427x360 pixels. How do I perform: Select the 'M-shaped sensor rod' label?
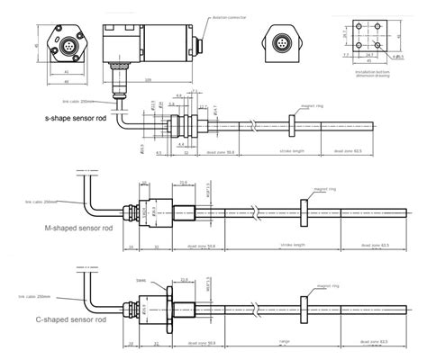tap(79, 229)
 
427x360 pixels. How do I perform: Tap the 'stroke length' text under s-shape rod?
tap(293, 152)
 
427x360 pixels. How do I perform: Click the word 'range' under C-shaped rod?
tap(284, 341)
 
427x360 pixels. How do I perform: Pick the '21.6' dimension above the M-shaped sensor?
tap(184, 182)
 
